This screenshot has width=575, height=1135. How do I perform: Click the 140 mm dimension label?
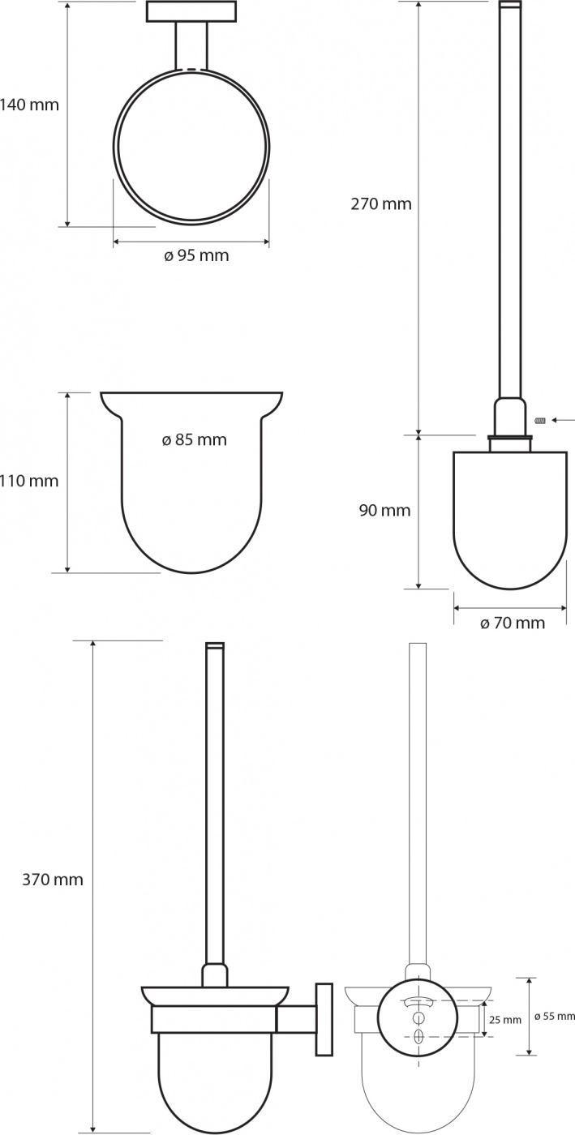click(x=29, y=105)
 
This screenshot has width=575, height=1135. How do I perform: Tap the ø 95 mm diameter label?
click(x=197, y=255)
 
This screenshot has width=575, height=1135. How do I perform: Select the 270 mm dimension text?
click(x=381, y=203)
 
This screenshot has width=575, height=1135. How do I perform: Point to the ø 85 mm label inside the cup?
click(x=194, y=439)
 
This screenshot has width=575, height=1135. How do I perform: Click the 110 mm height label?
click(x=29, y=480)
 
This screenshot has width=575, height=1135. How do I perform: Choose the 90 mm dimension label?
click(x=385, y=510)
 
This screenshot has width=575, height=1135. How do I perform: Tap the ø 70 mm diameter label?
click(x=513, y=623)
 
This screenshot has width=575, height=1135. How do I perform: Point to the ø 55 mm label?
click(x=556, y=1016)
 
